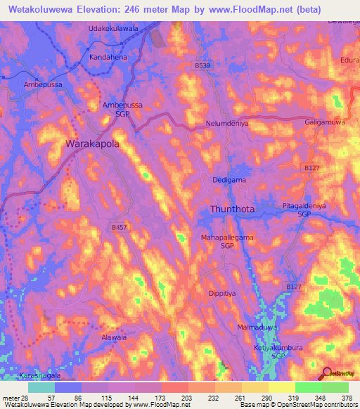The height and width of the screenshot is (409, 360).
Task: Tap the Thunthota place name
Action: click(x=238, y=209)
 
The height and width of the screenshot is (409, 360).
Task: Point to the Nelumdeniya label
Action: click(x=228, y=123)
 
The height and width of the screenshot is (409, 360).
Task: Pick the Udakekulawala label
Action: click(x=113, y=27)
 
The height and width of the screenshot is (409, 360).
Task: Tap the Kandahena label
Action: click(x=108, y=56)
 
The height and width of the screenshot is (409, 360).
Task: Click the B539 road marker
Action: click(x=202, y=65)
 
